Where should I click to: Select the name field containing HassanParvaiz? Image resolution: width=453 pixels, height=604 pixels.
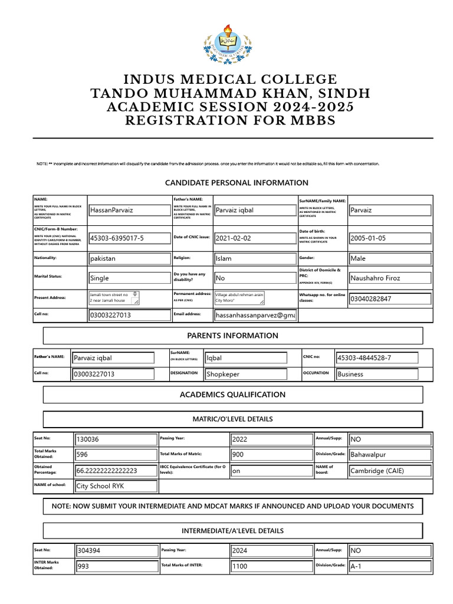point(129,210)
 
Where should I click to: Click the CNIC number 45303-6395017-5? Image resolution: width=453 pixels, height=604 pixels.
point(129,238)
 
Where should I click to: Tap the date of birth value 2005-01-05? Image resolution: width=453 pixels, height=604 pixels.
point(389,238)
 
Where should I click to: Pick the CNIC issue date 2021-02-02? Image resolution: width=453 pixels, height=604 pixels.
point(255,238)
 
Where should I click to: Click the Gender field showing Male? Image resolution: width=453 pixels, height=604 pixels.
point(389,258)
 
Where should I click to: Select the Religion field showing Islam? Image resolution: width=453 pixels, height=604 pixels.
point(255,258)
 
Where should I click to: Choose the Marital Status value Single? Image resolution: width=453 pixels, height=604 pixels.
point(129,278)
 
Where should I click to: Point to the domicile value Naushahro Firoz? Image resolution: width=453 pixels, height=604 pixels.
point(389,278)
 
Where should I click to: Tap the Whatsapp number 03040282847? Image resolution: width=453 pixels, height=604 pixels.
point(389,298)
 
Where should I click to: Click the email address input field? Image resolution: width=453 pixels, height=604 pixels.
point(255,316)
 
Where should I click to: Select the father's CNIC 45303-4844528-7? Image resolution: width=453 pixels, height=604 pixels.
point(376,357)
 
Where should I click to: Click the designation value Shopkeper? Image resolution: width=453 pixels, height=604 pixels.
point(245,374)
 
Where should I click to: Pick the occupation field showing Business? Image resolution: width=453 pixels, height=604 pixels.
point(376,374)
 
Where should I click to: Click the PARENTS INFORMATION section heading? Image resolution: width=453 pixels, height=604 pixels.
point(233,336)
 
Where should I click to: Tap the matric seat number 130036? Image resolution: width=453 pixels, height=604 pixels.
point(116,439)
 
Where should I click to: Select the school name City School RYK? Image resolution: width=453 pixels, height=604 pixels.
point(116,486)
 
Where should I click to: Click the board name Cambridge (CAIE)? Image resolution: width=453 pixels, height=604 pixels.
point(390,471)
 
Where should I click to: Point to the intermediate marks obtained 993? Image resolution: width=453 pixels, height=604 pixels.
point(116,566)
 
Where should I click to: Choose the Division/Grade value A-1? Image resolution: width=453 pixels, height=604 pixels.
point(390,566)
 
